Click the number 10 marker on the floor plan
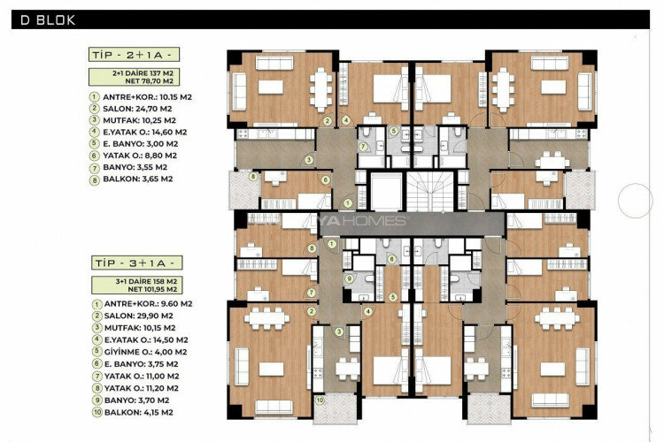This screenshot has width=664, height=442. coord(320,397)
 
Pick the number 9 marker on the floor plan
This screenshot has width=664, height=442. coord(350,279)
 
